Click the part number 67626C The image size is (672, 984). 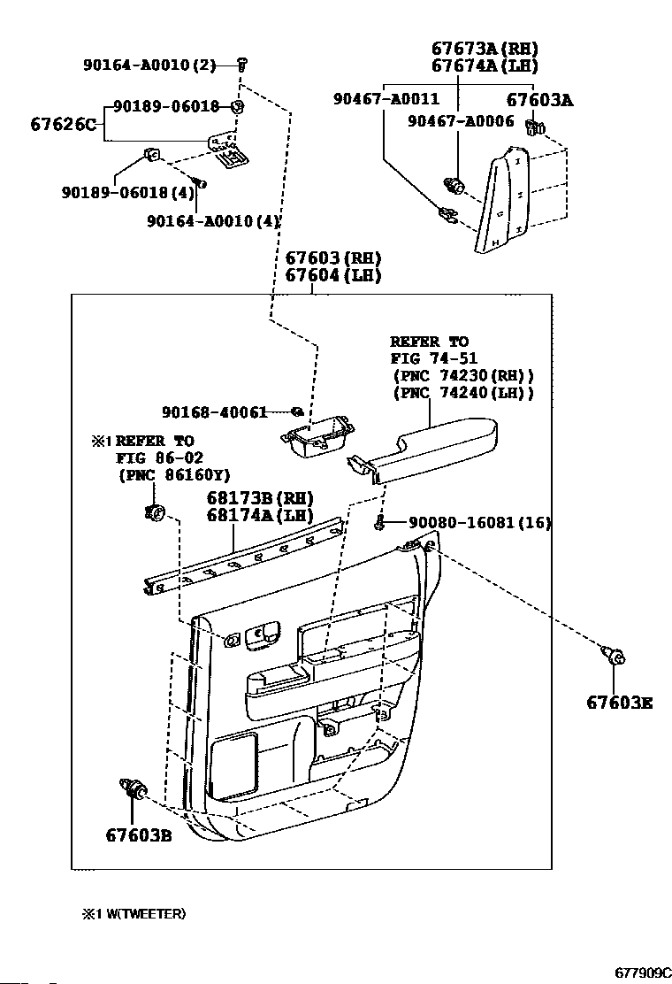point(64,124)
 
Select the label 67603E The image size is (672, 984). point(619,703)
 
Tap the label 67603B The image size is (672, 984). point(139,835)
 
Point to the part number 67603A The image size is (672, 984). point(539,100)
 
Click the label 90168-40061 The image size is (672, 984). point(214,411)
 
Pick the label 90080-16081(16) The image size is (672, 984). point(479,522)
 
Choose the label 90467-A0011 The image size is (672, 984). point(386,98)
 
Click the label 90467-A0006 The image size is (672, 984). point(461,121)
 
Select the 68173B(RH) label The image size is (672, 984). point(260,498)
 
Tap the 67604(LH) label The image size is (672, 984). point(333,275)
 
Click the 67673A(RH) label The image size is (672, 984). point(485,49)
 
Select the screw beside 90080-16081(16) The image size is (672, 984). point(379,522)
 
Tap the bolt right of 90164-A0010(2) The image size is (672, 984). point(242,64)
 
